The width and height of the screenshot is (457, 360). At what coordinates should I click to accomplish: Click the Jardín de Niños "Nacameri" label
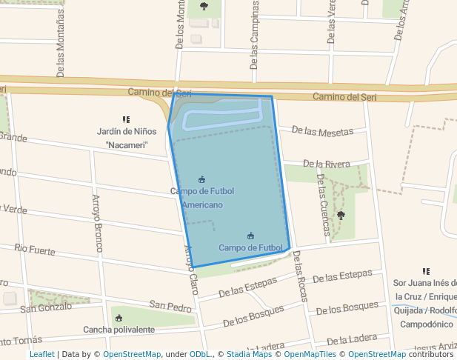[x=126, y=138]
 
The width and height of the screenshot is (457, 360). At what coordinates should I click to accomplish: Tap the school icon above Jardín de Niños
[x=126, y=119]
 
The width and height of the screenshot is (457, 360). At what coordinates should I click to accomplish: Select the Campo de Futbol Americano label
[x=202, y=198]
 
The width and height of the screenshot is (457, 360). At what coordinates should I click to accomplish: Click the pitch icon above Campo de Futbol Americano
[x=202, y=179]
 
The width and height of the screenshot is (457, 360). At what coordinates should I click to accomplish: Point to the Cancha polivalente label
[x=119, y=330]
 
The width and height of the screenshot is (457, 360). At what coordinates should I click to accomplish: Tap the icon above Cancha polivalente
[x=119, y=318]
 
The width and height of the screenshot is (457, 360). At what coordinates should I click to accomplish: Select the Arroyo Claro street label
[x=192, y=270]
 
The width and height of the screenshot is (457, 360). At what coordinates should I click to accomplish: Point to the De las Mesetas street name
[x=322, y=131]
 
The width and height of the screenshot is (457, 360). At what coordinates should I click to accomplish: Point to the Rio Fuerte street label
[x=35, y=250]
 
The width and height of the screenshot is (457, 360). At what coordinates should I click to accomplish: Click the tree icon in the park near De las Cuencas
[x=341, y=216]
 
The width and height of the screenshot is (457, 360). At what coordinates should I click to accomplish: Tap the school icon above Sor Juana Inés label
[x=426, y=272]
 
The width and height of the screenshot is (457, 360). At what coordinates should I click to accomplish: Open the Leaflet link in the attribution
[x=41, y=355]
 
